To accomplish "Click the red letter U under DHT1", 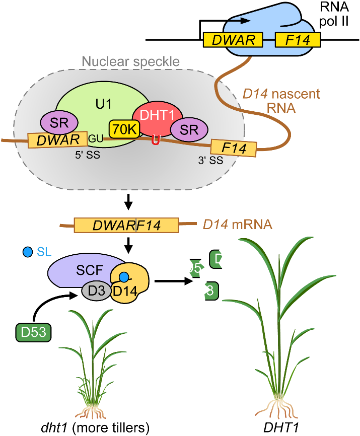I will tap(156, 140).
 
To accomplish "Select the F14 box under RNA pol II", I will tap(298, 40).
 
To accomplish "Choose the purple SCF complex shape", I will tap(76, 270).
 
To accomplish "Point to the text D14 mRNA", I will tap(237, 224).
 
